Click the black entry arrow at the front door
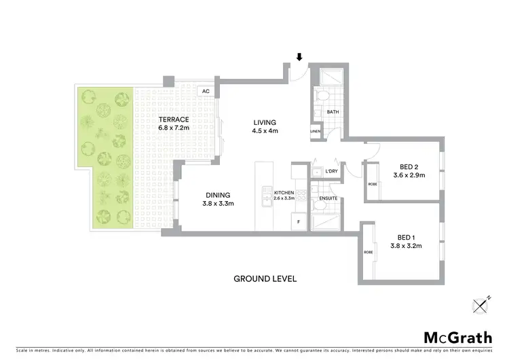click(x=299, y=57)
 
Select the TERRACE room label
click(x=155, y=119)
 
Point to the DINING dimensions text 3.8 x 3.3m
click(x=218, y=203)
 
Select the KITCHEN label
click(x=284, y=192)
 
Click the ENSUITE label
click(x=328, y=198)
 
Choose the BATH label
click(x=333, y=112)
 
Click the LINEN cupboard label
click(x=316, y=131)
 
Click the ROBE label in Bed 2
click(x=373, y=184)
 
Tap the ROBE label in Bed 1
click(x=369, y=251)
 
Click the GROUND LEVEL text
click(x=265, y=278)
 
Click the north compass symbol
click(x=483, y=306)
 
